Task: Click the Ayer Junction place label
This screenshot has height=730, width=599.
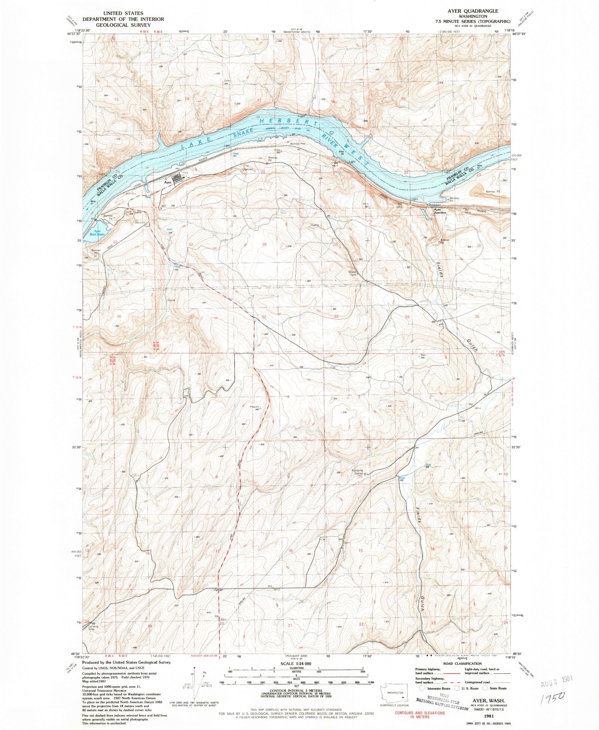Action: (x=440, y=211)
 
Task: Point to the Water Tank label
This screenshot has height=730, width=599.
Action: (x=353, y=273)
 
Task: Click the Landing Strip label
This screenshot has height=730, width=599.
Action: (x=94, y=628)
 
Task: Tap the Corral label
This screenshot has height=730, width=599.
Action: (x=171, y=300)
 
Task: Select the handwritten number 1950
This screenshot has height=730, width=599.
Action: (x=553, y=696)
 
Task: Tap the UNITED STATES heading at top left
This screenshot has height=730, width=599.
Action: (x=123, y=13)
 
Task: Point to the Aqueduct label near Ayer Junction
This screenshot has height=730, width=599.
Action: (x=435, y=205)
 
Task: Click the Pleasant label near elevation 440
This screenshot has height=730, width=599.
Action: (x=255, y=407)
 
